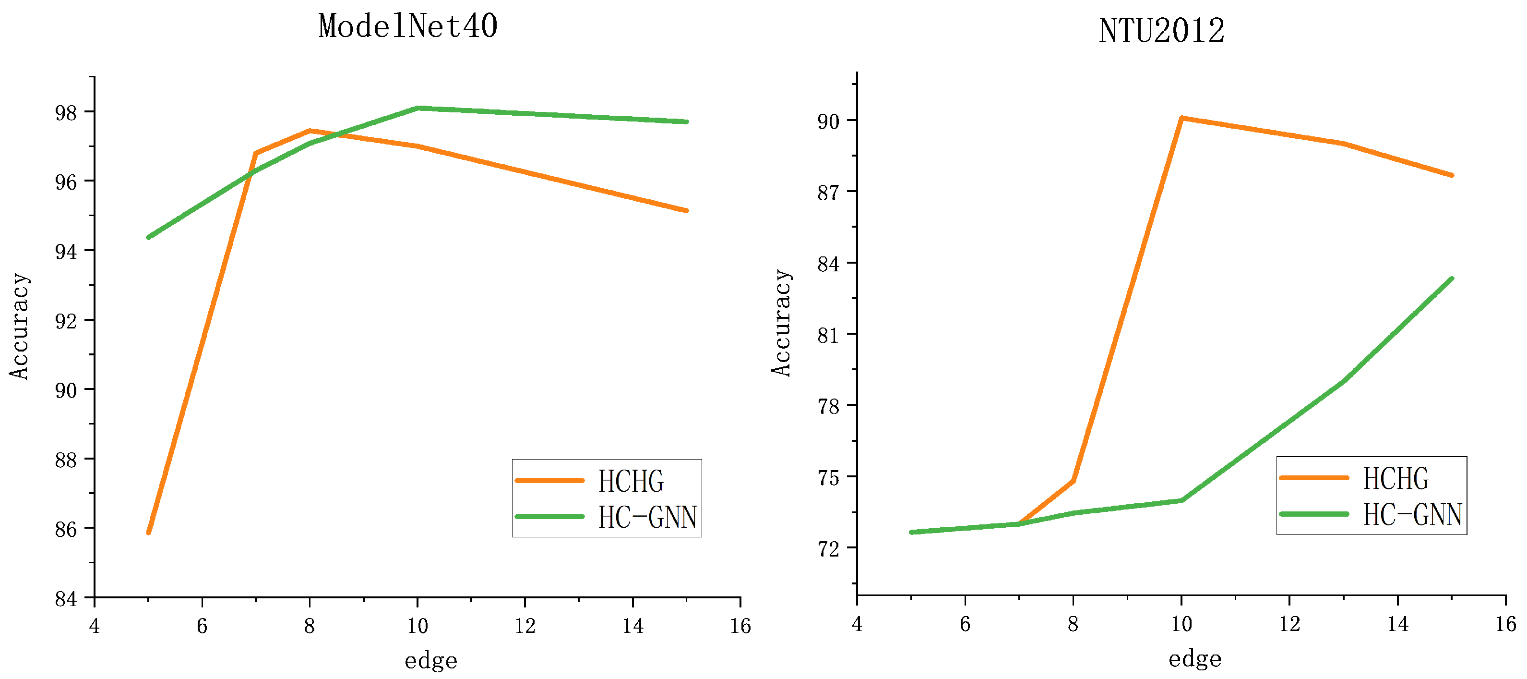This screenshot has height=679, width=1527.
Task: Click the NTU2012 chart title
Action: pos(1161,31)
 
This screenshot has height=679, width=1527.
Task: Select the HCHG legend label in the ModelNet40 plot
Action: pos(631,481)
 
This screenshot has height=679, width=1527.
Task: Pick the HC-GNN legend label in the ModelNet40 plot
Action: pos(647,517)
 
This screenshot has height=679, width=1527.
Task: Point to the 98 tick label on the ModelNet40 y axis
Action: pos(66,113)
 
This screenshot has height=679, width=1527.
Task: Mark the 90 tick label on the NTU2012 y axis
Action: pos(828,121)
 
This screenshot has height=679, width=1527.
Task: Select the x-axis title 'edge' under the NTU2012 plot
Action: pos(1194,659)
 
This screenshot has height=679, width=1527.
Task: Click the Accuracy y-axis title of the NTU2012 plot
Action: pos(781,323)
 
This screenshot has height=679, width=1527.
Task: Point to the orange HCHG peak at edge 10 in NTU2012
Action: pos(1181,118)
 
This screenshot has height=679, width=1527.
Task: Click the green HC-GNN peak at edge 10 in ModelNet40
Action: pos(418,108)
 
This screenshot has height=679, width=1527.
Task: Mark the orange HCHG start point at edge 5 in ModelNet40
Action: pos(148,533)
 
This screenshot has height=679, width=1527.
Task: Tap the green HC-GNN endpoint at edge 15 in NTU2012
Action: pos(1452,279)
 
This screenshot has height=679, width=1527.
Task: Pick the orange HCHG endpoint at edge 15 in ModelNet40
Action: pos(686,210)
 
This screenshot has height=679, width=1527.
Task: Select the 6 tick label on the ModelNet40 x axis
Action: pos(202,626)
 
